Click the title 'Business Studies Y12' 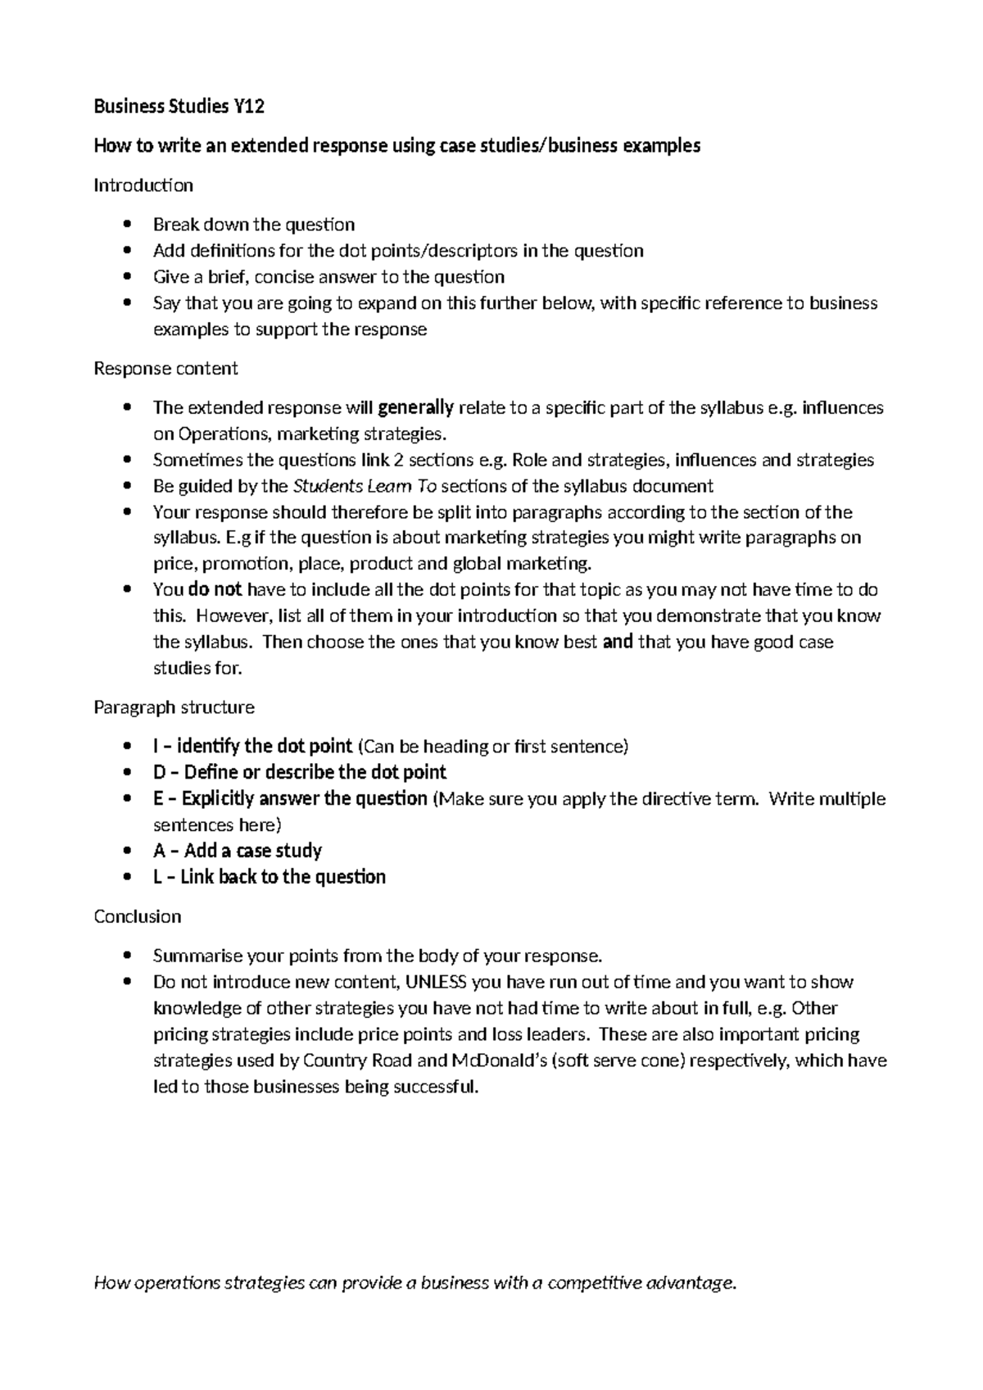coord(179,107)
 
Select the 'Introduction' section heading coord(143,185)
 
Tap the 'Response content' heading coord(165,369)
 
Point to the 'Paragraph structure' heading coord(174,707)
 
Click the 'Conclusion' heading coord(138,916)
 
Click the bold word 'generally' coord(415,407)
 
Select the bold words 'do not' coord(215,589)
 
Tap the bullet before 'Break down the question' coord(125,225)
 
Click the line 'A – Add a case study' coord(238,851)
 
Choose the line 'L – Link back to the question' coord(270,877)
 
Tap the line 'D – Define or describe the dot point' coord(299,772)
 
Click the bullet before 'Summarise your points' coord(125,956)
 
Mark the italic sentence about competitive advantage coord(416,1283)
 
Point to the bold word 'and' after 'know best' coord(618,642)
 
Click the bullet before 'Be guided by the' coord(125,486)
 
